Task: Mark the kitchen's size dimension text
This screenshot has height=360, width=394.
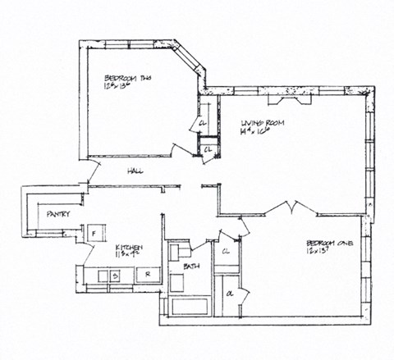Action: (125, 256)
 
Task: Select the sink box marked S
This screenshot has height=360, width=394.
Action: (116, 276)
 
